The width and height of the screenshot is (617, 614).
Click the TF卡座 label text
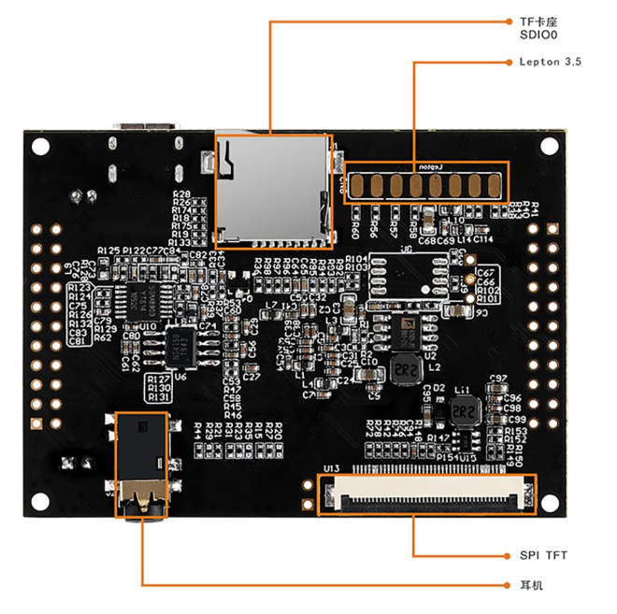click(539, 21)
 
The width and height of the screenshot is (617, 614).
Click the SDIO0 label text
click(538, 35)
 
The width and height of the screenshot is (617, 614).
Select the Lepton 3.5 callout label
click(550, 62)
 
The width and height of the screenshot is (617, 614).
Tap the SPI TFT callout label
click(543, 555)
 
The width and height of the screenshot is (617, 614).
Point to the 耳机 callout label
click(531, 586)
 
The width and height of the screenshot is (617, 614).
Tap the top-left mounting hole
click(40, 146)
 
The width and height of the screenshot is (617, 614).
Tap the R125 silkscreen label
click(108, 250)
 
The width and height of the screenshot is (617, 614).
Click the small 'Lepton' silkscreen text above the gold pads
click(441, 166)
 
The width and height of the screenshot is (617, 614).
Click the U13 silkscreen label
click(331, 468)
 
